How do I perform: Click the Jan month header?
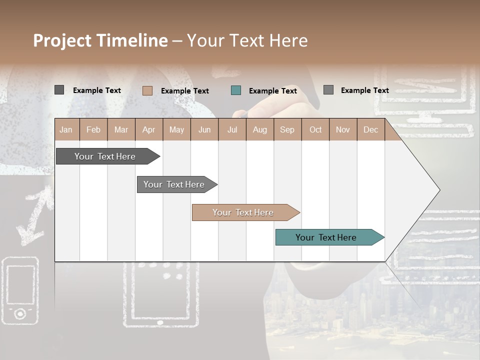click(66, 129)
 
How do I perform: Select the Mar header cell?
click(121, 129)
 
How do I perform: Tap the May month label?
click(176, 129)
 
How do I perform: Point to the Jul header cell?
click(232, 129)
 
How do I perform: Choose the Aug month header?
click(259, 129)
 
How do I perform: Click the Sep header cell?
click(287, 129)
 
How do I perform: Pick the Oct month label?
click(315, 129)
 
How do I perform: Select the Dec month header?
click(370, 129)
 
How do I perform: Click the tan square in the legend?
click(147, 90)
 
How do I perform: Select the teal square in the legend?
click(236, 90)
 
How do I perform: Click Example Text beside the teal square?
click(273, 90)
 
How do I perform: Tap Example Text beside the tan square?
click(185, 90)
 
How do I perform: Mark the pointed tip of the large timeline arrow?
click(439, 190)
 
